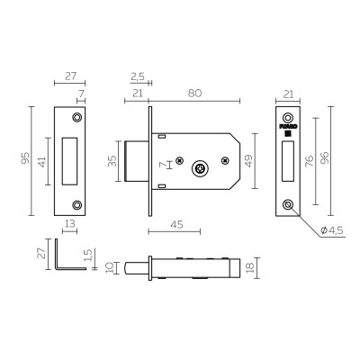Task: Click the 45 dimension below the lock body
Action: [178, 225]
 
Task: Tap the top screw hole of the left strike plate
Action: [76, 117]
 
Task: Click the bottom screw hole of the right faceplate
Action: [287, 205]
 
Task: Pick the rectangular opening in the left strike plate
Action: [70, 161]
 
